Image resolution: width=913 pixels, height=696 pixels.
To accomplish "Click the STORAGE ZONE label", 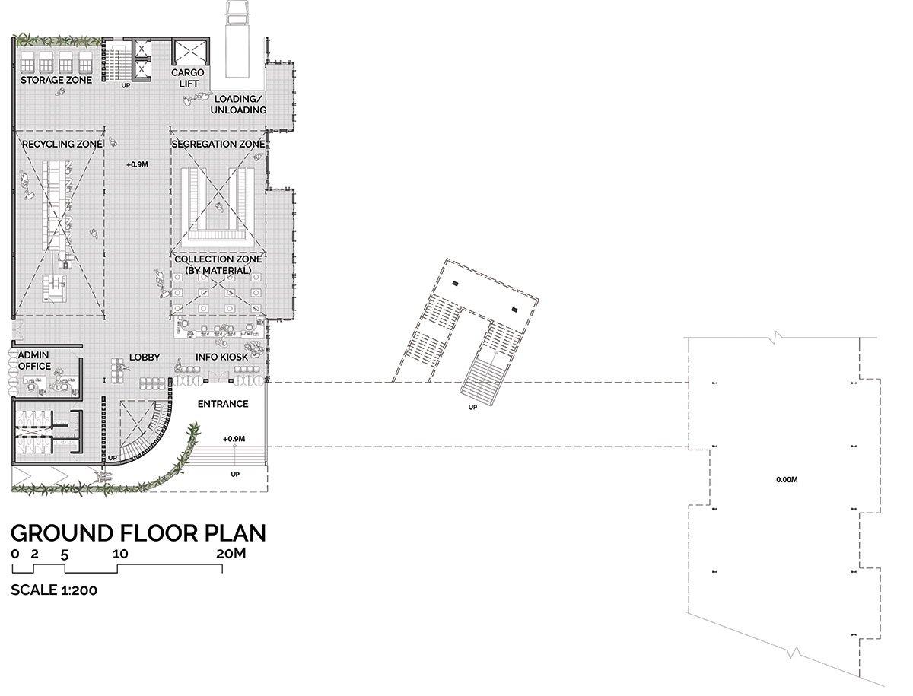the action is (x=56, y=80).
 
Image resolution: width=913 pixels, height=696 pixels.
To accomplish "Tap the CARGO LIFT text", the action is (x=188, y=78).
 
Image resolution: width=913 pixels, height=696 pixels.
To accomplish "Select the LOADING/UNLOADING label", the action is (x=238, y=104).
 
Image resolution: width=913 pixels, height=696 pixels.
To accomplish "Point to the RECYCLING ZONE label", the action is (x=62, y=144).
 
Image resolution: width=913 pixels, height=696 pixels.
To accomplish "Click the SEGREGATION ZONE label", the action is (x=218, y=144).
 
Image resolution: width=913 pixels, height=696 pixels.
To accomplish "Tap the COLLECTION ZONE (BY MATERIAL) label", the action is (x=218, y=265).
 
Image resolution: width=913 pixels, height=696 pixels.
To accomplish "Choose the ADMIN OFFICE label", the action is (x=34, y=361).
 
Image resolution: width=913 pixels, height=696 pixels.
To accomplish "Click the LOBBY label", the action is (x=145, y=358).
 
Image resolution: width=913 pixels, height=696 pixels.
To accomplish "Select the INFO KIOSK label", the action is (x=221, y=357).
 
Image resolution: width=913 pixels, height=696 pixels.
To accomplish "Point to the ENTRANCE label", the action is (x=223, y=404).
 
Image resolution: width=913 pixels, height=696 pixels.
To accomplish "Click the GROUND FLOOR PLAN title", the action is (x=138, y=533).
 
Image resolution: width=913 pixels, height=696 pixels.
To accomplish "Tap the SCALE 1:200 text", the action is (x=54, y=590).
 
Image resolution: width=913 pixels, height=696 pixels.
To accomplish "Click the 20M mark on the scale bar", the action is (x=231, y=554).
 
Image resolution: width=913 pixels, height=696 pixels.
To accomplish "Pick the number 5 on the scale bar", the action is (x=64, y=555).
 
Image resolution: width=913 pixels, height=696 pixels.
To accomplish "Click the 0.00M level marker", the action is (x=787, y=479).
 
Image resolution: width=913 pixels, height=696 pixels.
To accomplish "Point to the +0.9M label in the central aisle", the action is (x=137, y=164).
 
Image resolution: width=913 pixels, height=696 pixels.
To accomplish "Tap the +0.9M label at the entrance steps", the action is (x=234, y=439).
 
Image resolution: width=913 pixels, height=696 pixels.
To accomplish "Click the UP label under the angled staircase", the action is (x=472, y=408).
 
